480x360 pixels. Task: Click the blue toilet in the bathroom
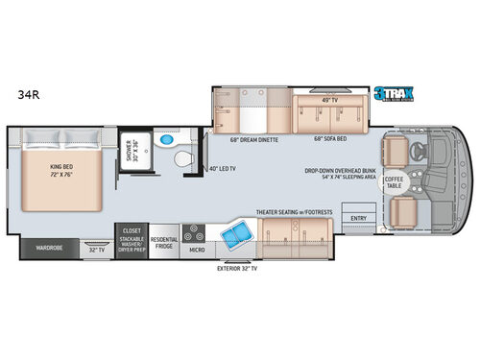[x=169, y=141]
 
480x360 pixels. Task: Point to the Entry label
[x=358, y=218]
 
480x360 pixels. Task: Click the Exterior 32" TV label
[x=238, y=270]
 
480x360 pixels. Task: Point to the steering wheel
[x=420, y=151]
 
